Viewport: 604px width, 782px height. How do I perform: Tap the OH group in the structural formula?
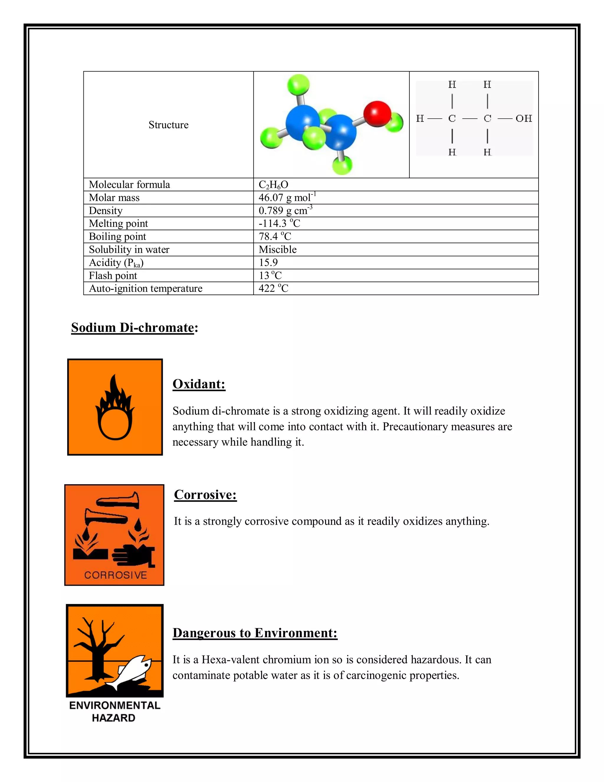[523, 119]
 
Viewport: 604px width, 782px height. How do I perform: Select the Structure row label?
[168, 125]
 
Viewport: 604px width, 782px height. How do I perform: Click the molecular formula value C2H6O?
[273, 185]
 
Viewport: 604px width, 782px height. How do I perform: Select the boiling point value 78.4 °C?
[275, 236]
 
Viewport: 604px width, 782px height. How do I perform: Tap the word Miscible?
[278, 250]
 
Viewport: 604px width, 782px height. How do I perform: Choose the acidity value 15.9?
[268, 262]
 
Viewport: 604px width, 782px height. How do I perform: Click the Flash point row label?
[113, 276]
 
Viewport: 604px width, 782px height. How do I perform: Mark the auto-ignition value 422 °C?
[273, 289]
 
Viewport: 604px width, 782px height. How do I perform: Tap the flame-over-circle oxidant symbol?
[115, 408]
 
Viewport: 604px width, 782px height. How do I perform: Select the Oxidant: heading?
[199, 384]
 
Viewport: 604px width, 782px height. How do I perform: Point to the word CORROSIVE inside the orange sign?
[116, 575]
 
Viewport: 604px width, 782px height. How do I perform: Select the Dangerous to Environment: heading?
[255, 633]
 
